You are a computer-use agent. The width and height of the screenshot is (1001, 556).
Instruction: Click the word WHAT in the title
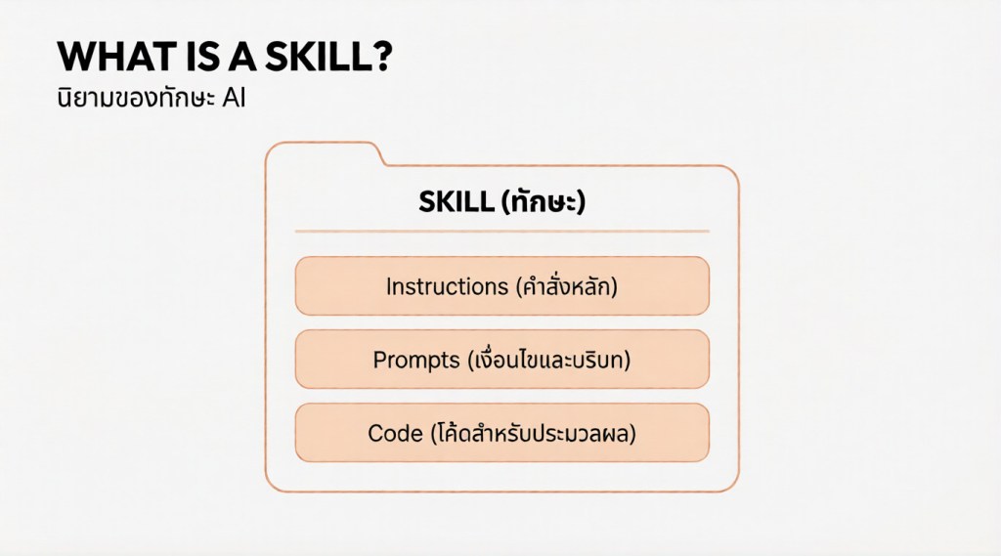point(116,57)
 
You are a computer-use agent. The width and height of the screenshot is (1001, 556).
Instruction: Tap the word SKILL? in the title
point(328,57)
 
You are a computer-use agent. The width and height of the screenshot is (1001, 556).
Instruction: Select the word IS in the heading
point(203,57)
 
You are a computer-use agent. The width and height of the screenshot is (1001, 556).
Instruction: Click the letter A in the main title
point(242,57)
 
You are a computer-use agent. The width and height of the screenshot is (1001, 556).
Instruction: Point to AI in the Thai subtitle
point(234,99)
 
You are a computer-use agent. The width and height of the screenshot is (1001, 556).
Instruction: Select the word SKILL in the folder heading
point(457,201)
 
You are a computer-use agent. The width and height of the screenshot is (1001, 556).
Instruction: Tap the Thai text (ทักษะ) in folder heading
point(544,201)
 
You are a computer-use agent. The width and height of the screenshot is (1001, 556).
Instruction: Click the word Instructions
point(447,286)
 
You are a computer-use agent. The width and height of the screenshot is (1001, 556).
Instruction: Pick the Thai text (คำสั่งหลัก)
point(567,286)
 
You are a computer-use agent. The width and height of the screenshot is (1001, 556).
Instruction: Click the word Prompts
point(416,360)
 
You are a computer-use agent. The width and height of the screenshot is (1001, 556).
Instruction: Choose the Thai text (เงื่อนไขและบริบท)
point(549,360)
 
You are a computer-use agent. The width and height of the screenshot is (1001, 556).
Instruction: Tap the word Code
point(395,434)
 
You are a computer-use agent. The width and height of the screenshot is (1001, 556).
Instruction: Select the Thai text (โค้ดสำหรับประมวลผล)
point(533,433)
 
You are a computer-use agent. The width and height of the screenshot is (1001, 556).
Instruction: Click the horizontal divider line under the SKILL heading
point(501,231)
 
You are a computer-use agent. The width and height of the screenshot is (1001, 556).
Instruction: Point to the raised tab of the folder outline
point(325,144)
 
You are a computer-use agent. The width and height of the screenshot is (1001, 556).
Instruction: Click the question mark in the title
point(380,57)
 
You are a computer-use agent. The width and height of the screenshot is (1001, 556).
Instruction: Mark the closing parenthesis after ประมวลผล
point(632,434)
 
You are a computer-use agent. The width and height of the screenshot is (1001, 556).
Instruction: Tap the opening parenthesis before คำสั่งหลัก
point(520,286)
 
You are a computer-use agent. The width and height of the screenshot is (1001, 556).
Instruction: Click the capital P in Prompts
point(380,360)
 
